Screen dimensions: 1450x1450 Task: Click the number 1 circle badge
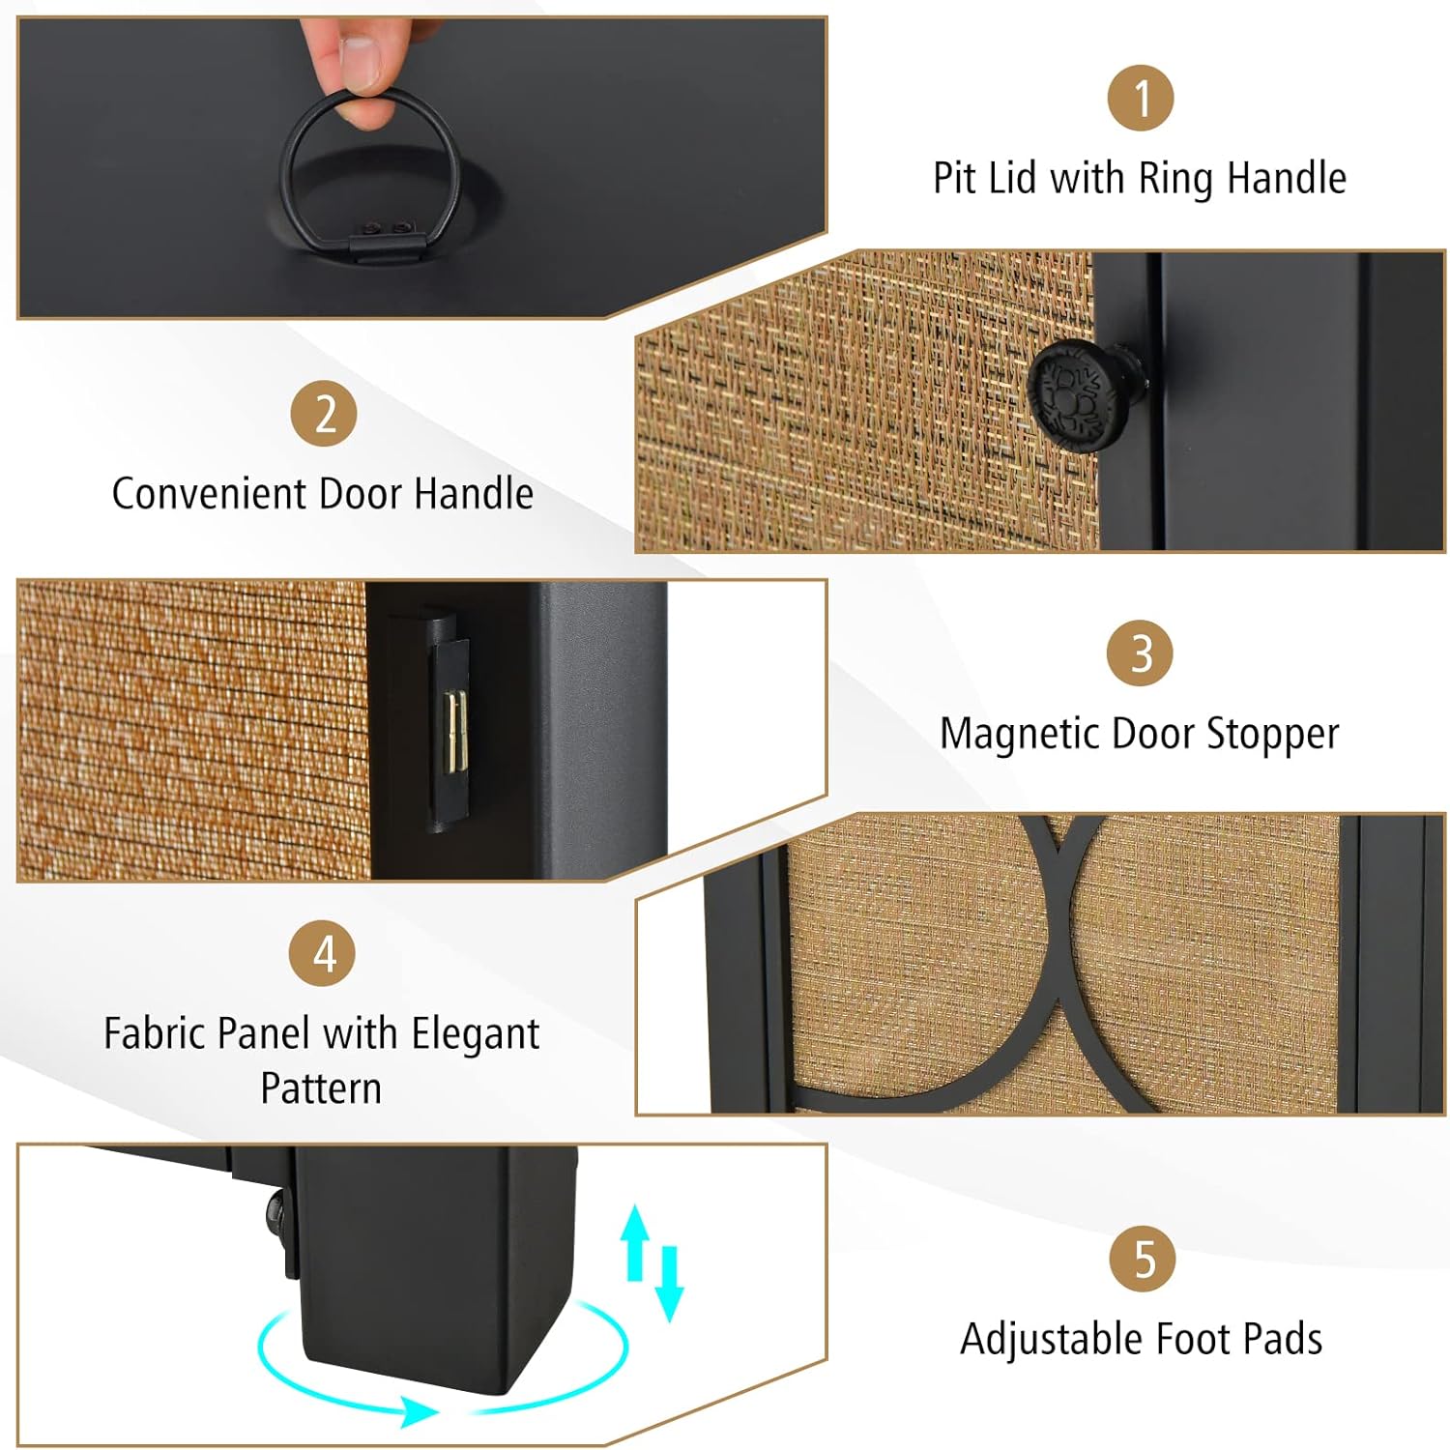click(x=1141, y=98)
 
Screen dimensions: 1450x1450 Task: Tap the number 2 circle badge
click(x=325, y=414)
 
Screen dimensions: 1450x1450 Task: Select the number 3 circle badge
click(x=1141, y=652)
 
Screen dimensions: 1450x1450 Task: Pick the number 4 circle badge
click(x=323, y=953)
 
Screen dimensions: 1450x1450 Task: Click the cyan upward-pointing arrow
click(x=635, y=1242)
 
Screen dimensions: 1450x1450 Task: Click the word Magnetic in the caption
click(x=1020, y=735)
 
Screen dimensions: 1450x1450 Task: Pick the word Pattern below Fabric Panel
click(x=322, y=1088)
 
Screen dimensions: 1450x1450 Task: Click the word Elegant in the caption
click(x=476, y=1034)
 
